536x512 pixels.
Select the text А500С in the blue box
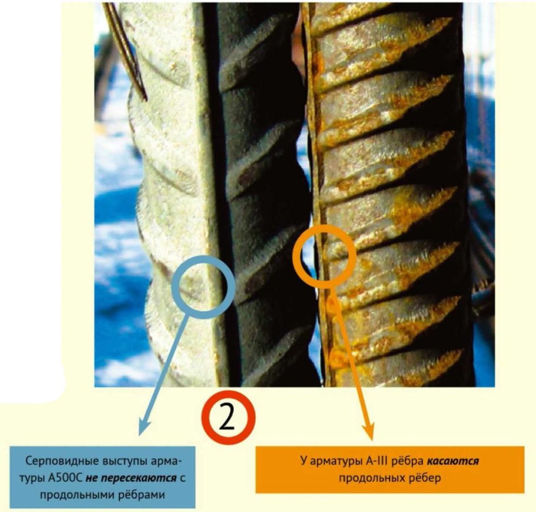coord(65,478)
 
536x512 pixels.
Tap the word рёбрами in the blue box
coord(142,494)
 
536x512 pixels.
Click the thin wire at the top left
coord(125,51)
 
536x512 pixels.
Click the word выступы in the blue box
coord(125,461)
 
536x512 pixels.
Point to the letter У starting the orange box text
coord(303,461)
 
